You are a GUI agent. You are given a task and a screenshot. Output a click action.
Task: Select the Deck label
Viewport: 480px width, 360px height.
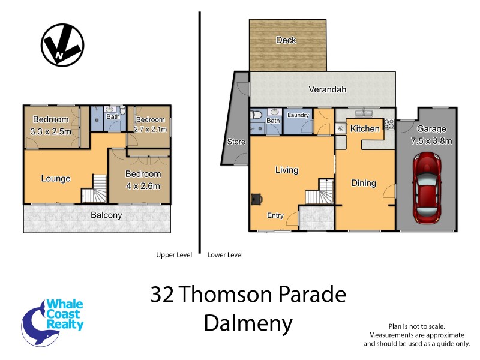(x=286, y=40)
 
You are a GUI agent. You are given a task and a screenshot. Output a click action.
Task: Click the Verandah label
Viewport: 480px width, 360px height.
(x=327, y=89)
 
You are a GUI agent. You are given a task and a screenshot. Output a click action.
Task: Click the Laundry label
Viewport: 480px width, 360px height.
(x=298, y=115)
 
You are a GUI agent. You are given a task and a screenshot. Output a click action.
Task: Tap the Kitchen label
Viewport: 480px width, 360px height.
(x=365, y=129)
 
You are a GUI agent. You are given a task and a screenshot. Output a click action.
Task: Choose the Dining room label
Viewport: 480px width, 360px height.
(x=364, y=184)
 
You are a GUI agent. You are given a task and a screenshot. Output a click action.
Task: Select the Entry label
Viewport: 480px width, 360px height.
(x=275, y=216)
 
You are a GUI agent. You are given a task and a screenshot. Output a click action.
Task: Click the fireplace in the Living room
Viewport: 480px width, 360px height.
(x=257, y=199)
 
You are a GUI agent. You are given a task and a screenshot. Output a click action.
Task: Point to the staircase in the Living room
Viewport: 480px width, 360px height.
(x=318, y=196)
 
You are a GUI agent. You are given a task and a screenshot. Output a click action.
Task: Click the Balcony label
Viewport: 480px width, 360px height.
(x=106, y=215)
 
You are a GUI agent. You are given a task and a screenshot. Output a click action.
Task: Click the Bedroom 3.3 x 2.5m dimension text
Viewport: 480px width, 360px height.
(x=51, y=131)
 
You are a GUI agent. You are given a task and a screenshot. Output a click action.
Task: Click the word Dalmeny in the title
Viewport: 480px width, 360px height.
(x=248, y=323)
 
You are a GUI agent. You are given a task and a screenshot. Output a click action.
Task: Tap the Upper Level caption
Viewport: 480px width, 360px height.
(x=173, y=255)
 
